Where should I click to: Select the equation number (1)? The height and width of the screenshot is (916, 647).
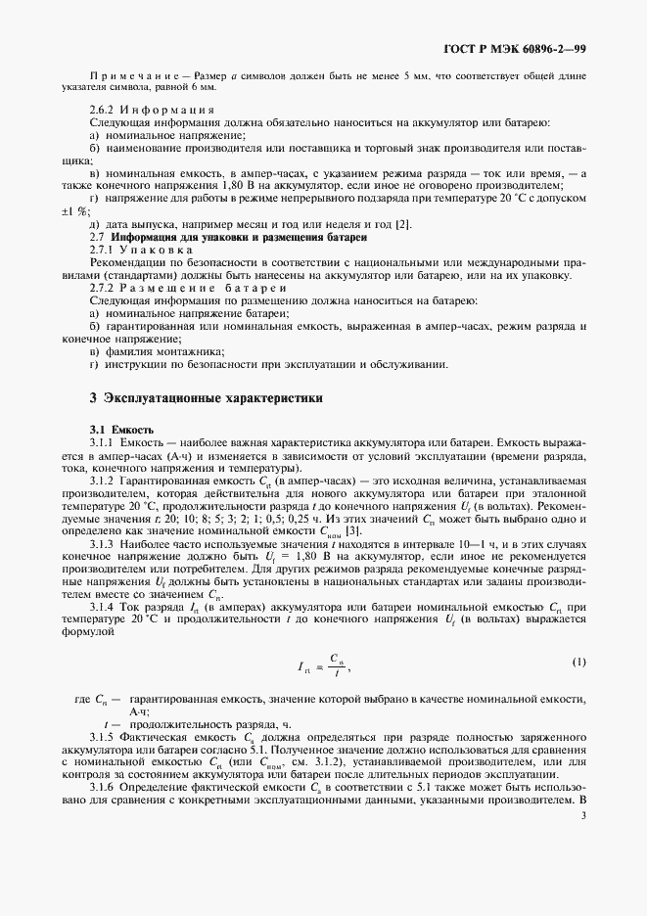(x=578, y=663)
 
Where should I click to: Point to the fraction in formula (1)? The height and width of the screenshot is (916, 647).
(x=335, y=664)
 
